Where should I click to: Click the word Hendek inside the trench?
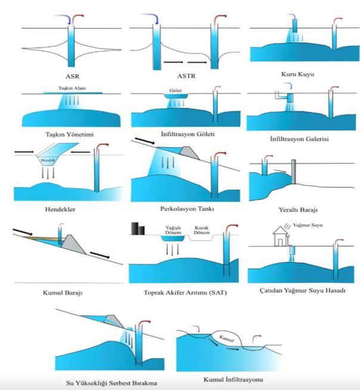[48, 161]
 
